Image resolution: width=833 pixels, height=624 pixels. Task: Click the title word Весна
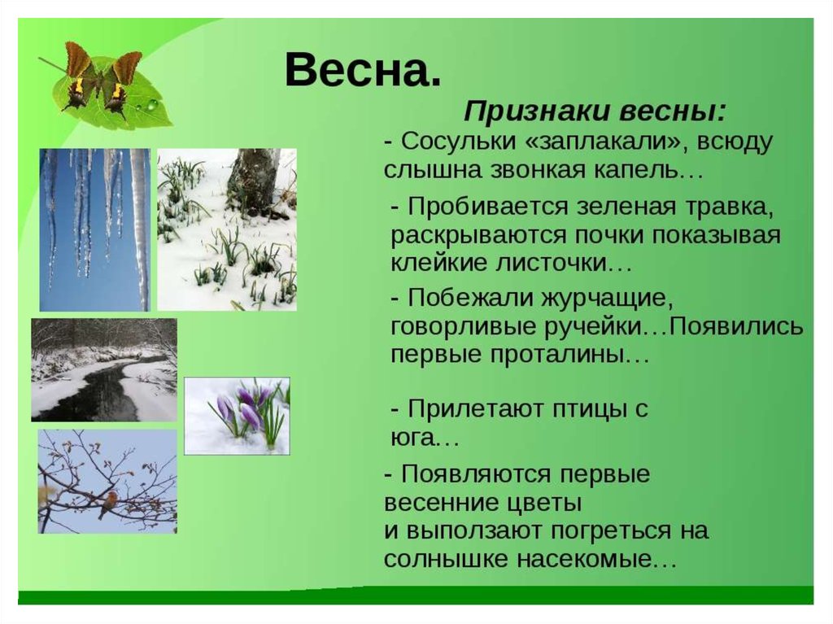point(363,70)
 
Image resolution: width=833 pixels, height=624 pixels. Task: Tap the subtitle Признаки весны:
point(595,112)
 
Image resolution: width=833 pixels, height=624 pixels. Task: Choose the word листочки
point(563,263)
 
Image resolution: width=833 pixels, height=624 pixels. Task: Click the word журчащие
point(607,299)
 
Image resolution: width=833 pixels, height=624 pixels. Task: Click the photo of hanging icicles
point(95,229)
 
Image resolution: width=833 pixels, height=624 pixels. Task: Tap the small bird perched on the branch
point(108,503)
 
